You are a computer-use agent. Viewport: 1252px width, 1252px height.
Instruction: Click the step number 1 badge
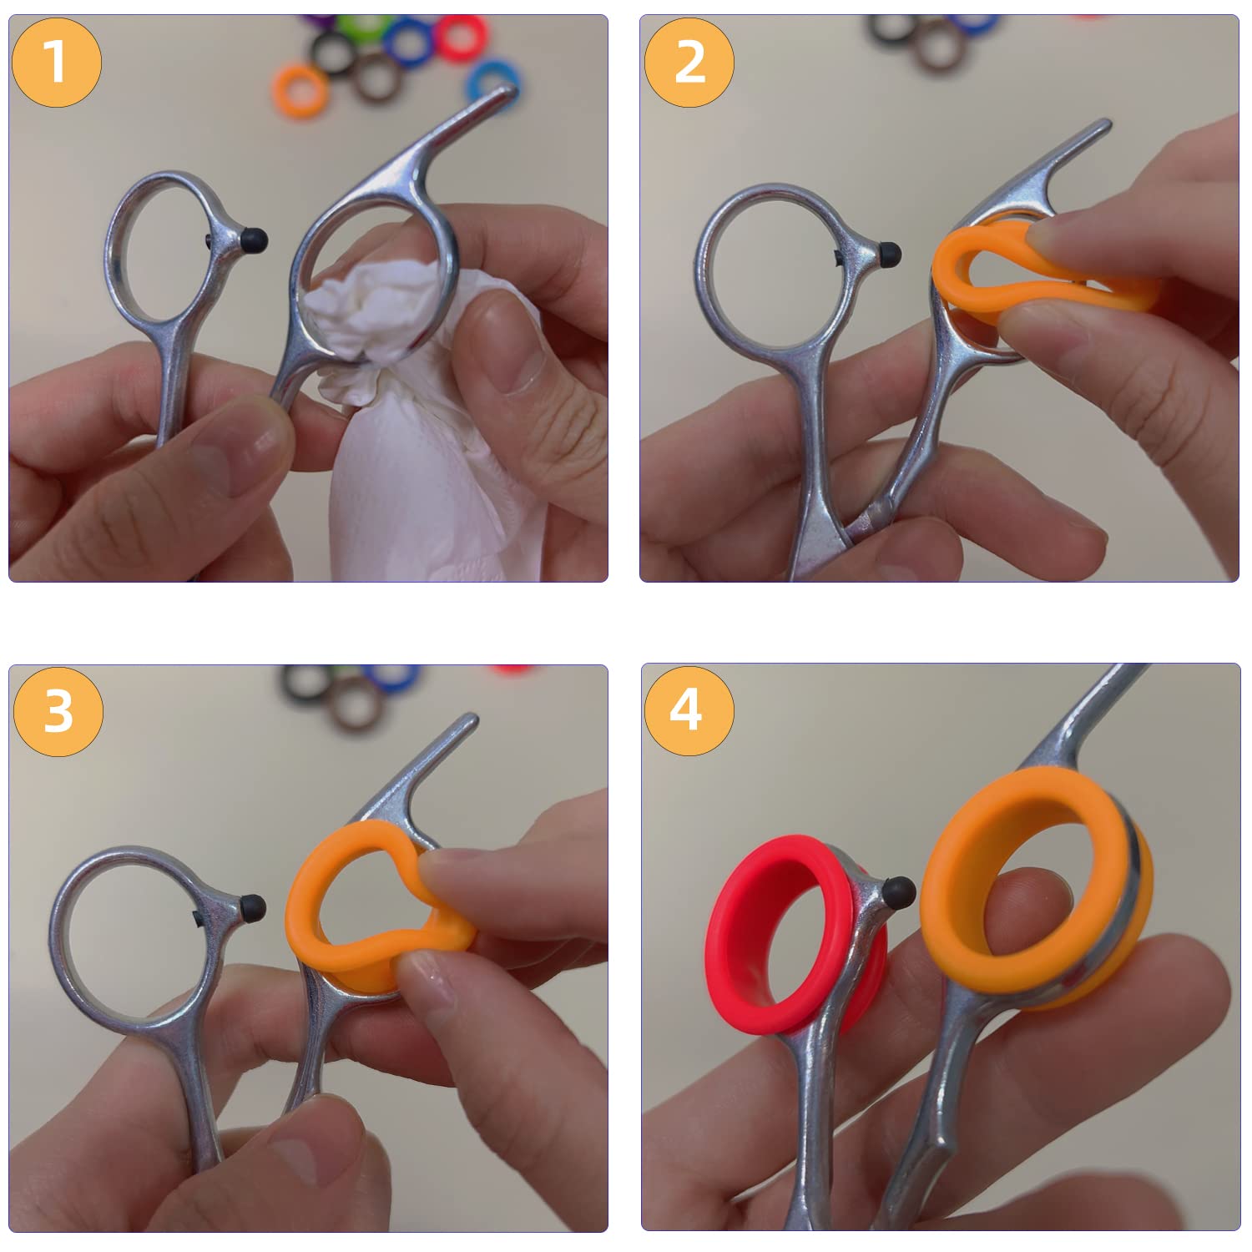[x=57, y=62]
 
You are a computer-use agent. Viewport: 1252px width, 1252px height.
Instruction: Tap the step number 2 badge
[x=689, y=62]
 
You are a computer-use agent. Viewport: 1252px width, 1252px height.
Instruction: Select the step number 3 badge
[x=58, y=711]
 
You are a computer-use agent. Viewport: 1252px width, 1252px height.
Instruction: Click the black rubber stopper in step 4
[x=898, y=892]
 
